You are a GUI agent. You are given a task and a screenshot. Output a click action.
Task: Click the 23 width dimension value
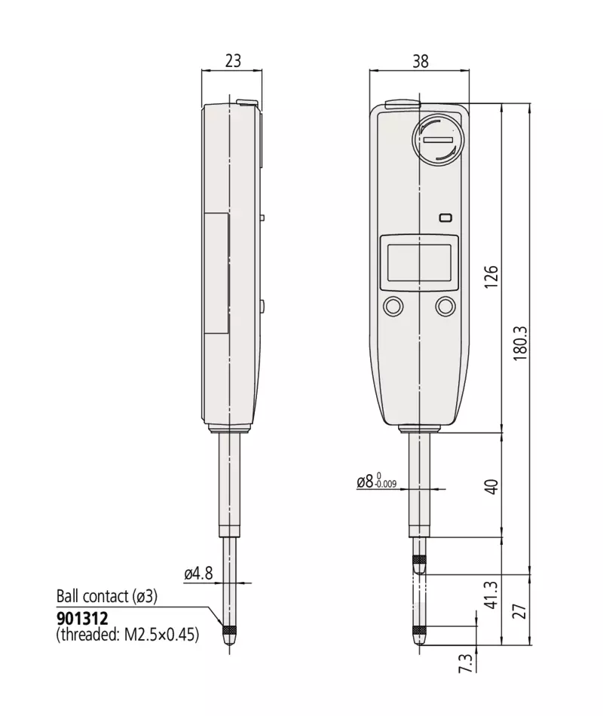click(232, 61)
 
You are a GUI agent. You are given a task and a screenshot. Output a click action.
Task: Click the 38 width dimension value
click(421, 61)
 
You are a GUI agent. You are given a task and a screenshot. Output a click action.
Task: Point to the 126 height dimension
click(491, 277)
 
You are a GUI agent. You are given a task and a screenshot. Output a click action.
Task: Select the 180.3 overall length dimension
click(520, 343)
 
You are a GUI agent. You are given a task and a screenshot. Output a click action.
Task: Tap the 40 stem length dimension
click(491, 486)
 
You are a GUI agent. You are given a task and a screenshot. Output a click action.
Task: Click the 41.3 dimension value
click(491, 595)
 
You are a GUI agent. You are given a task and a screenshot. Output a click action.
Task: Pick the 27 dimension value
click(519, 611)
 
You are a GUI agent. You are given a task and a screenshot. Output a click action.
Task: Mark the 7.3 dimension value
click(466, 662)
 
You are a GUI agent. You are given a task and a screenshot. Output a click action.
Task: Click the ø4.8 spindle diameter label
click(199, 573)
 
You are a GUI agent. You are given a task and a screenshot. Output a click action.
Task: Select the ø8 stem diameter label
click(376, 481)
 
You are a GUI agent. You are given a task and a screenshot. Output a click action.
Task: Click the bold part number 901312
click(83, 619)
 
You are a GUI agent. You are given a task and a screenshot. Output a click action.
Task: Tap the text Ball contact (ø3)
click(107, 596)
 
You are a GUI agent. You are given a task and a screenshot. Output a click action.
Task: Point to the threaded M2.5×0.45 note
click(127, 635)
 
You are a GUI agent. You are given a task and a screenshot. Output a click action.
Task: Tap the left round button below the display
click(393, 306)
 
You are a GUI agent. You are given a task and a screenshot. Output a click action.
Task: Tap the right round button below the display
click(445, 306)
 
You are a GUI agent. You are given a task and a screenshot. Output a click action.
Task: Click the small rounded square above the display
click(445, 218)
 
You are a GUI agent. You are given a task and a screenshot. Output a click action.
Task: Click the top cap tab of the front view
click(403, 105)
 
